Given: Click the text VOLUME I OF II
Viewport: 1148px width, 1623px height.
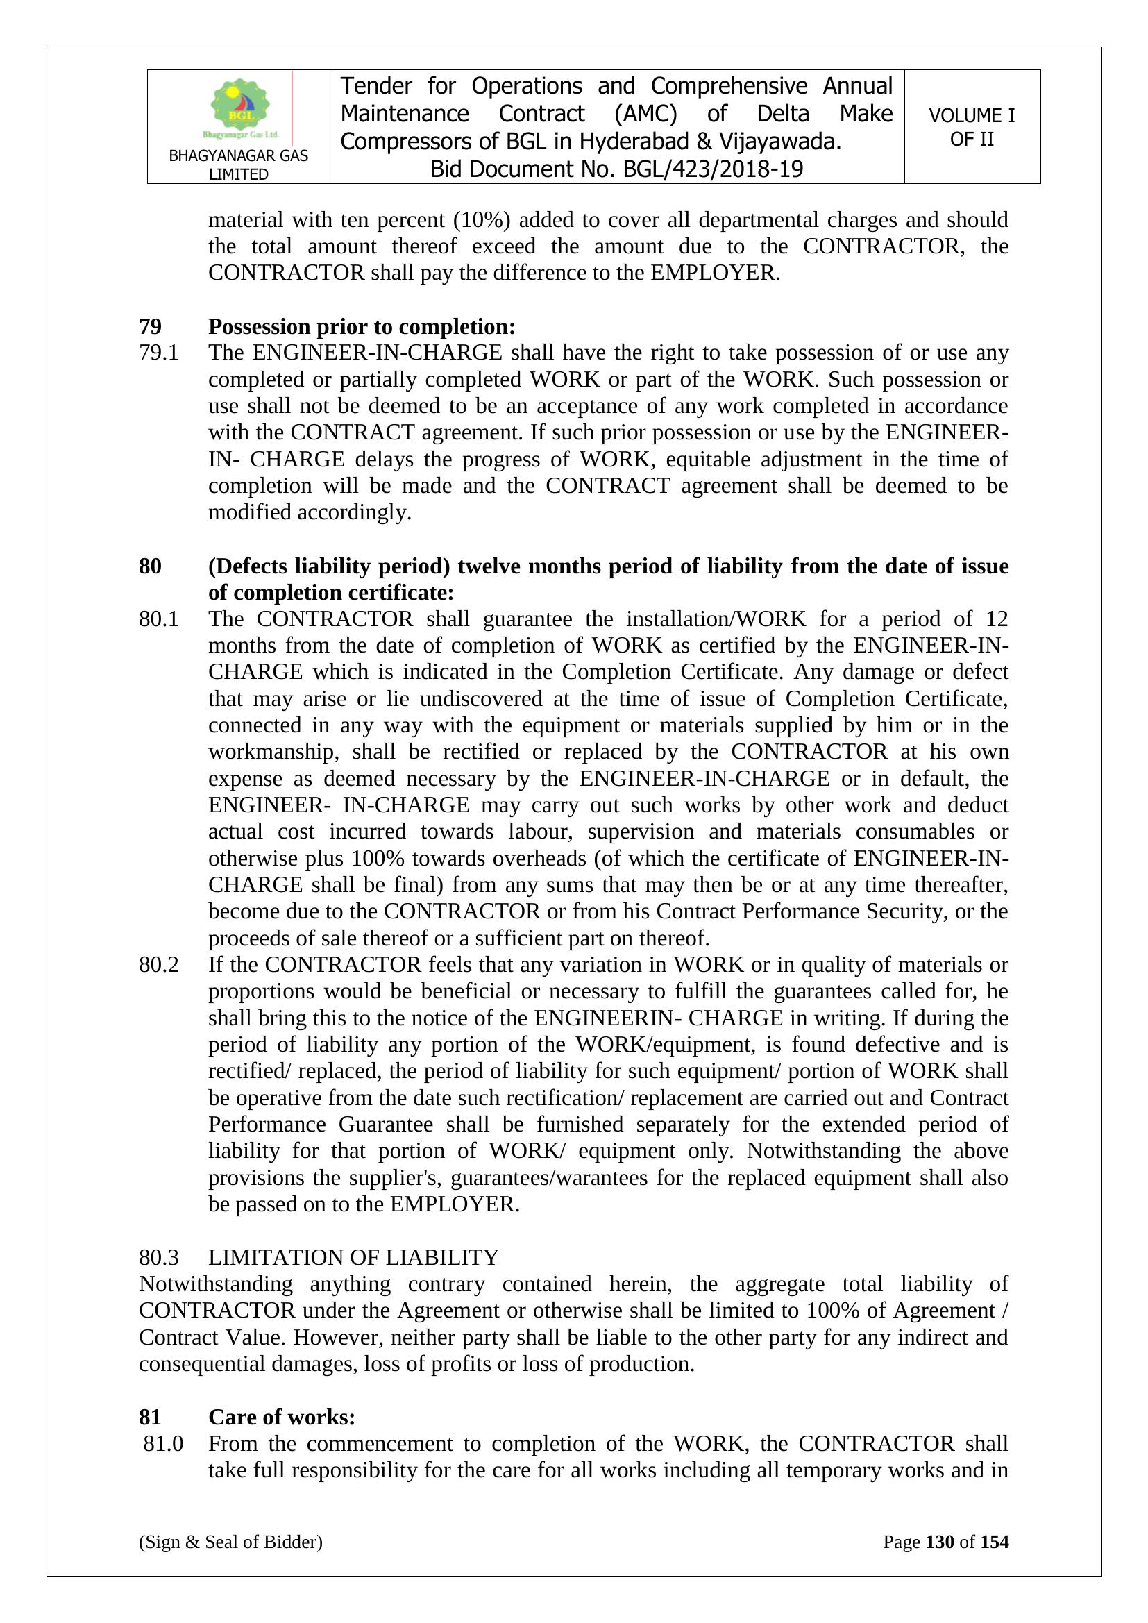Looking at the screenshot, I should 971,127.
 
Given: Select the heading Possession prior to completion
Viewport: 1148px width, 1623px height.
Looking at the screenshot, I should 361,326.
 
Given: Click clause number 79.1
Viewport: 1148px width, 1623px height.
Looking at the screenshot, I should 158,352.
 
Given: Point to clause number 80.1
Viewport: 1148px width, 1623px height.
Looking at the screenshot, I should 158,619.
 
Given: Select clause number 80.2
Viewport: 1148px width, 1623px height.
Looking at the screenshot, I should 158,964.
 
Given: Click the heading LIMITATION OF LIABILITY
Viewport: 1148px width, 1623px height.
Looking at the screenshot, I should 353,1257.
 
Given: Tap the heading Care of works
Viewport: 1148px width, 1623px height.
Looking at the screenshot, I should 281,1417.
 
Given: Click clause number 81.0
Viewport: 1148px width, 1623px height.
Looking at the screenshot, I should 163,1443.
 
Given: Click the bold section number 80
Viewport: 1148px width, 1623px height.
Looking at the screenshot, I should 150,566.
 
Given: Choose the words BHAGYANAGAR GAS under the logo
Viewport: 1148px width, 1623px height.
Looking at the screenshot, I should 238,155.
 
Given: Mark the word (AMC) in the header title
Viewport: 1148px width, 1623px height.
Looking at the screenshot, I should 646,114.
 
